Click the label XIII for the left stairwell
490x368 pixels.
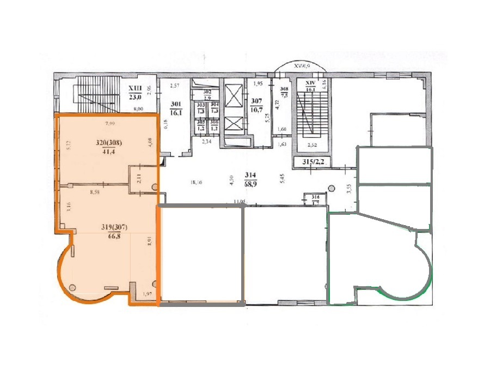pos(134,88)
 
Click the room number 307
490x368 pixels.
pos(256,100)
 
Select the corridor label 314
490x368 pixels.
pos(250,175)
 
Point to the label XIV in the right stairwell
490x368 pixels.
pos(311,83)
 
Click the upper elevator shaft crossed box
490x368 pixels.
pos(232,99)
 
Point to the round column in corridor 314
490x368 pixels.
pos(331,189)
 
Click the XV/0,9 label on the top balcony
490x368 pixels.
pos(301,65)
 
